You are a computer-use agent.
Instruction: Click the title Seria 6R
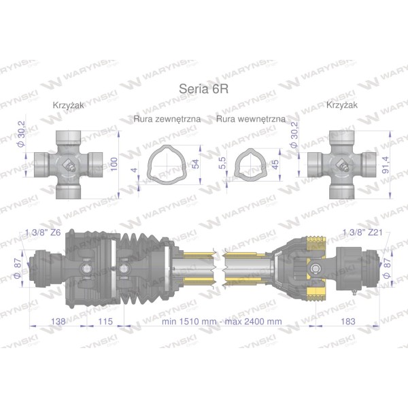click(204, 89)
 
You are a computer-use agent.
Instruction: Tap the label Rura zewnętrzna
click(167, 119)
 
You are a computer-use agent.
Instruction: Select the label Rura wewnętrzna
click(251, 119)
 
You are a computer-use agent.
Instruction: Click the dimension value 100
click(114, 164)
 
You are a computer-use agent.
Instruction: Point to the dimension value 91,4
click(386, 165)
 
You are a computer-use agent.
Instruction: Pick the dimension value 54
click(195, 164)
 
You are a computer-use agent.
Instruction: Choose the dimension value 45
click(275, 164)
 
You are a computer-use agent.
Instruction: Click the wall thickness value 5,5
click(222, 163)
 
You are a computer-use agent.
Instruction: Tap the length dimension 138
click(58, 322)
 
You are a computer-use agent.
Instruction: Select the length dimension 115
click(105, 322)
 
